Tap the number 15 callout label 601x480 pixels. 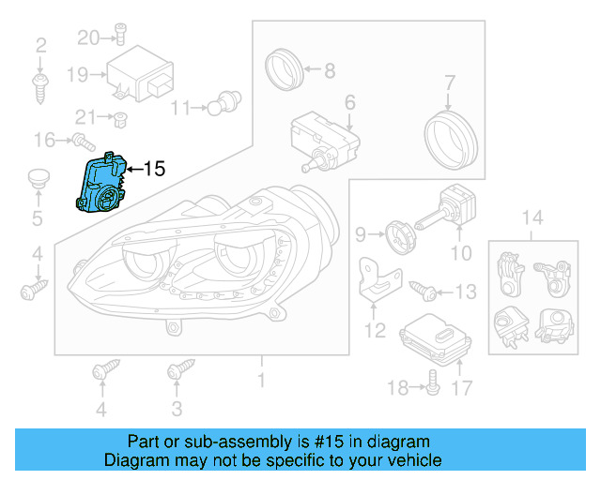click(x=153, y=169)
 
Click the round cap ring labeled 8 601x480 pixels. click(x=283, y=67)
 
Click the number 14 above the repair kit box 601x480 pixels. click(x=532, y=219)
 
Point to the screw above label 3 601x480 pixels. click(x=175, y=372)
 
